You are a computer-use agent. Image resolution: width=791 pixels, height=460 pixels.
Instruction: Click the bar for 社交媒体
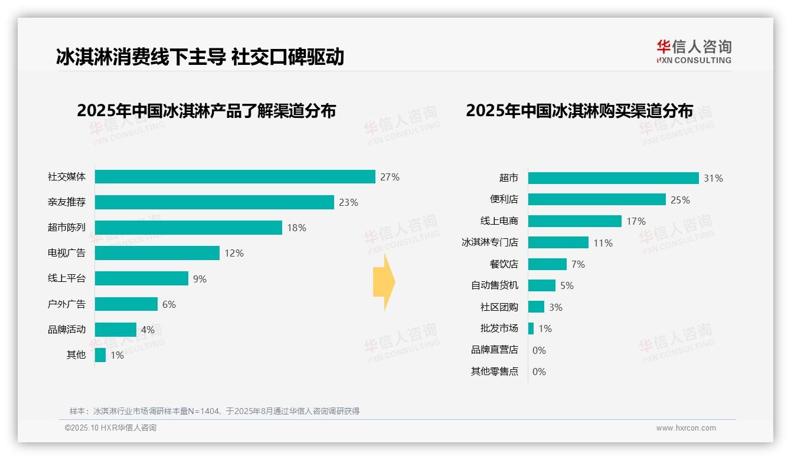235,177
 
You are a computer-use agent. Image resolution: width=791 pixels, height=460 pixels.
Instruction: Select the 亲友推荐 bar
214,202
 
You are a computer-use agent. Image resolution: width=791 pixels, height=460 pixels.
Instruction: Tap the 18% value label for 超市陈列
296,228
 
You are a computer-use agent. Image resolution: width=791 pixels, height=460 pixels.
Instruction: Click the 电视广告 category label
67,253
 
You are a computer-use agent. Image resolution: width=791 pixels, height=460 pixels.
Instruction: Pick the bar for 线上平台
142,278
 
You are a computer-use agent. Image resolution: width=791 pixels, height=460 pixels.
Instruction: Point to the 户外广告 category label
67,304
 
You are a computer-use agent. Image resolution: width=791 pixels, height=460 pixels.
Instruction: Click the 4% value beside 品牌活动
148,330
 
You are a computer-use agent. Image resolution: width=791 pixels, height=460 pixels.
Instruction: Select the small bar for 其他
100,355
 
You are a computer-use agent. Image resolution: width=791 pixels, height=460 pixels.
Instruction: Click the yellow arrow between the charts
384,282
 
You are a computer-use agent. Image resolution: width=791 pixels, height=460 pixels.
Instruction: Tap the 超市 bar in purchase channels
613,178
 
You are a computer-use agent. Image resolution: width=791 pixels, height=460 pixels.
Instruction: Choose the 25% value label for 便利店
680,200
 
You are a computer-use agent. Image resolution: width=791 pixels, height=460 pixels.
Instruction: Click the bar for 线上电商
575,221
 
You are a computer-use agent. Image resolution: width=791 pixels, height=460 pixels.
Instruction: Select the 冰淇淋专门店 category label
489,242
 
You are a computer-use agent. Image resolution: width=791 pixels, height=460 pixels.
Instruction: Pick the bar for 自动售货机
542,285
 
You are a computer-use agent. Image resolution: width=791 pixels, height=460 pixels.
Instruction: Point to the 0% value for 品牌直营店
539,350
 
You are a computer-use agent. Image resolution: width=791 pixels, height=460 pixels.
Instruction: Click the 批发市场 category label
499,328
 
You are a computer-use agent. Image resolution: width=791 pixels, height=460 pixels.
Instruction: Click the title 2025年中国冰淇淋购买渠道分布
579,111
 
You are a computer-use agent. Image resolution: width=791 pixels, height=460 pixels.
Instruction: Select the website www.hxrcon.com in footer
686,428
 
